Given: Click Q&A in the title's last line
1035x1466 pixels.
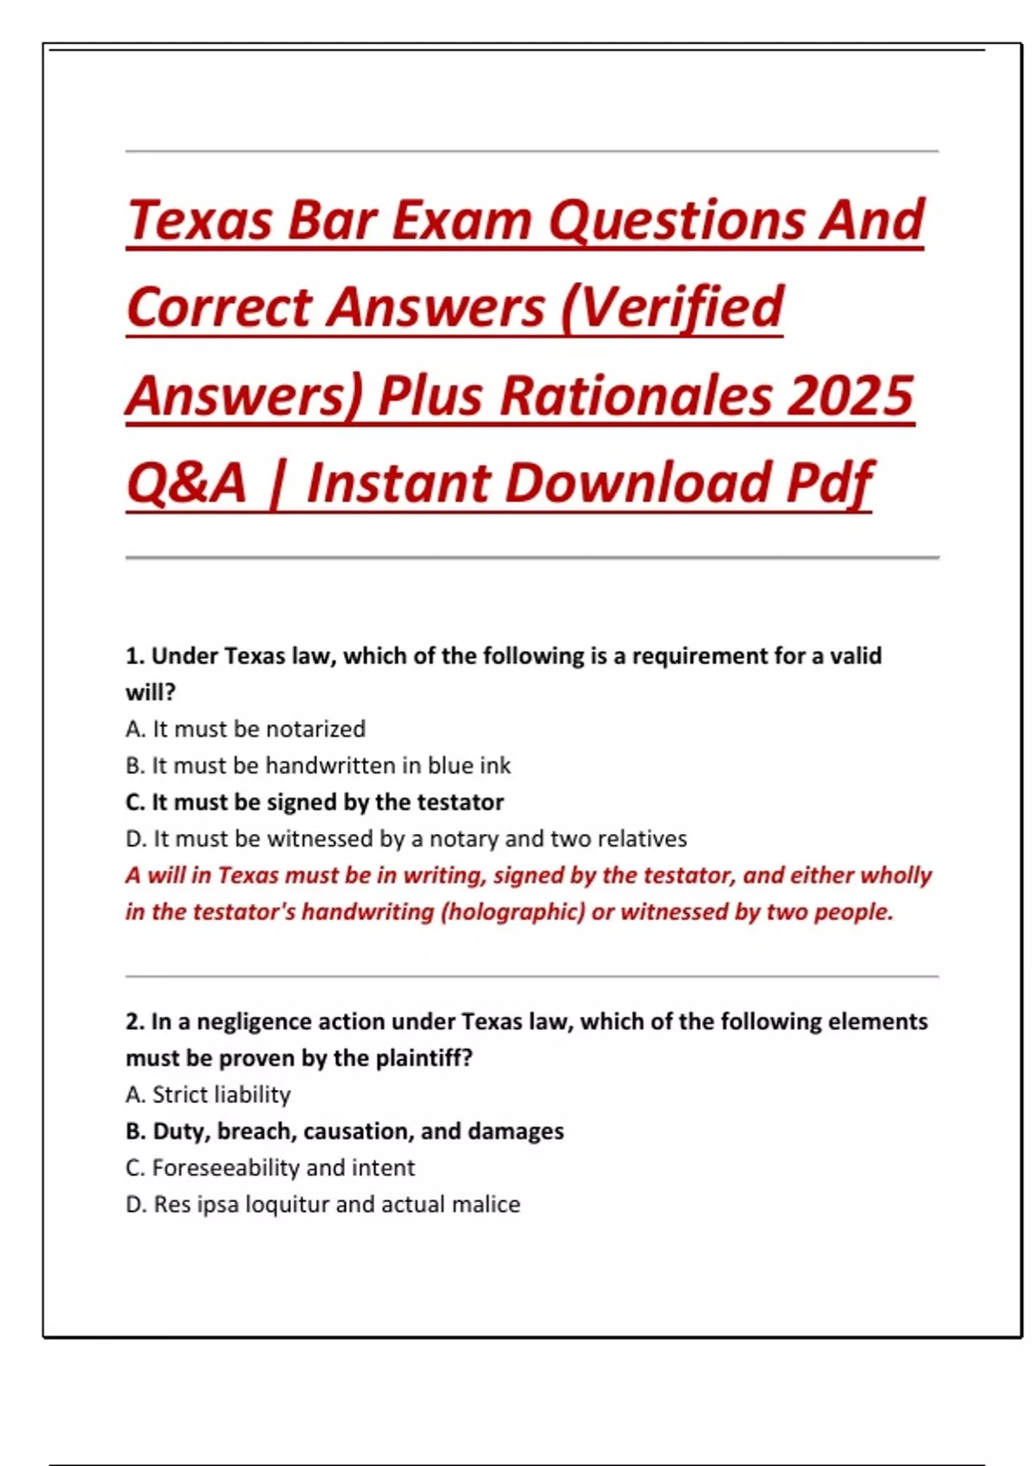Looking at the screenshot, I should point(186,483).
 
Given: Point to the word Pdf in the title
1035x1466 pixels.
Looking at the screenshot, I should point(829,483).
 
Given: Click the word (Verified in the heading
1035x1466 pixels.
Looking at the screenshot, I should point(672,308).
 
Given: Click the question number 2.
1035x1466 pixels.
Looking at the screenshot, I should point(135,1022).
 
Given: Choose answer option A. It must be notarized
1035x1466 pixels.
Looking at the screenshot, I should point(246,730).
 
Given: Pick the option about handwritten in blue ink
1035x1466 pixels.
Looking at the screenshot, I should point(318,766).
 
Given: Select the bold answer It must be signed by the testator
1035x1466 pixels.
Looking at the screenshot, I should point(315,802).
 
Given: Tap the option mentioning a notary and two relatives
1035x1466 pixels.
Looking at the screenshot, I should point(406,839).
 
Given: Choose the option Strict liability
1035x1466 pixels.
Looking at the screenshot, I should point(208,1095).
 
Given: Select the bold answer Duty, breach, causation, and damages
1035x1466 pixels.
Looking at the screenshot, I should point(344,1131).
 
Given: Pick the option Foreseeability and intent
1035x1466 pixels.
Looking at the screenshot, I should point(270,1168).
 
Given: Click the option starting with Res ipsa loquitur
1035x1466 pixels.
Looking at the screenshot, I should point(323,1205).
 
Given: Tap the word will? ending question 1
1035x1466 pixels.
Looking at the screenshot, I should point(151,692).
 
